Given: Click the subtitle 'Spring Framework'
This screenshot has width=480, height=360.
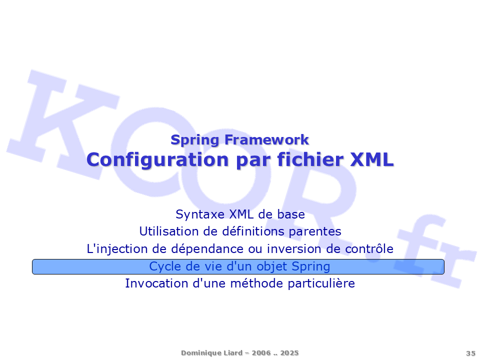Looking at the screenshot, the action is pos(239,140).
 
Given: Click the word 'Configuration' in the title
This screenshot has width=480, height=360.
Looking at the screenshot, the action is pos(157,160).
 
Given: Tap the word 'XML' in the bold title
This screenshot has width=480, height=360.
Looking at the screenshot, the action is pos(371,159).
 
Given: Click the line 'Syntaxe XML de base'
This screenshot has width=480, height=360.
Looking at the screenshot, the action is pos(240,214).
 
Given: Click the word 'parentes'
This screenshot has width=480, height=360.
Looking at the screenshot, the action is pos(315,231).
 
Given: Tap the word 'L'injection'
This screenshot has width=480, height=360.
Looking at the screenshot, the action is pos(117,249).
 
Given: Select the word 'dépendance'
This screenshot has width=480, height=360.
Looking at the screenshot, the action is pos(207,249).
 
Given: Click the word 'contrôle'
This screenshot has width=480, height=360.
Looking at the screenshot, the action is pos(369,249).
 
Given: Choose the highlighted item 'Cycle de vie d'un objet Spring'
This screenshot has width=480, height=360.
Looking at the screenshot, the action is pos(238,266).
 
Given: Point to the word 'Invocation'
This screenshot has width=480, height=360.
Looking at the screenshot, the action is pos(156,283).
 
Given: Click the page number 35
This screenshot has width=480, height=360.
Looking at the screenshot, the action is pos(470,353).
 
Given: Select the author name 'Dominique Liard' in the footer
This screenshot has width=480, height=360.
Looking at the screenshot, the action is pos(211,353).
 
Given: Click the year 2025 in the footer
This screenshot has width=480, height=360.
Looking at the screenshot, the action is pos(289,353).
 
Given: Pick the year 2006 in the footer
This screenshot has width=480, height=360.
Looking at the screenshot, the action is pos(261,353).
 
